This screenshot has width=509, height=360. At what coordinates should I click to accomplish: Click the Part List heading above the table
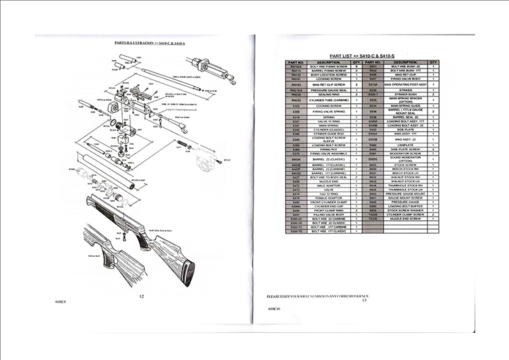point(362,53)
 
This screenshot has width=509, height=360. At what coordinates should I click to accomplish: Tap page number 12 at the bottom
point(141,296)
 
